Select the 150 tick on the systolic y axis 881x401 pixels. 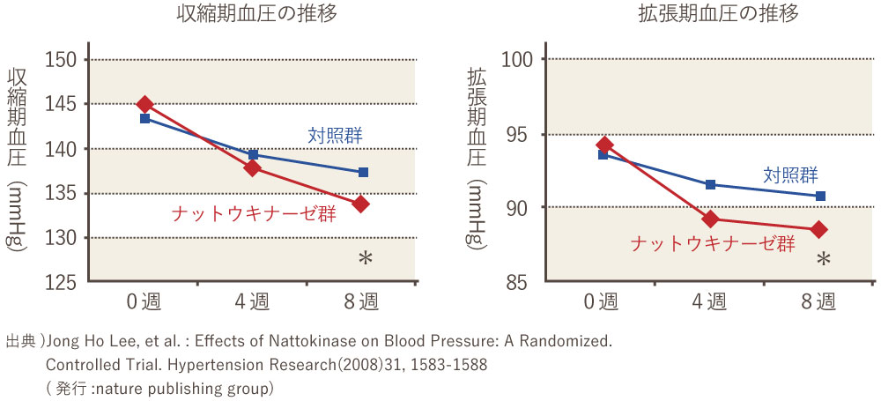pyautogui.click(x=63, y=60)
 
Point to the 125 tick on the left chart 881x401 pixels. pyautogui.click(x=63, y=283)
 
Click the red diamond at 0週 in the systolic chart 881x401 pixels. pyautogui.click(x=144, y=105)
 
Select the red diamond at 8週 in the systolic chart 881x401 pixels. pyautogui.click(x=360, y=204)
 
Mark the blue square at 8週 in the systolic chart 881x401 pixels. pyautogui.click(x=363, y=172)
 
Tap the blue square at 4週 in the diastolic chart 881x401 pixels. pyautogui.click(x=710, y=184)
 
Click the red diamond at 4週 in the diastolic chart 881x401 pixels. pyautogui.click(x=710, y=219)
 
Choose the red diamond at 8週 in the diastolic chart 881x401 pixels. pyautogui.click(x=819, y=230)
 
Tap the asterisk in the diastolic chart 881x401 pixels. pyautogui.click(x=824, y=259)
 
